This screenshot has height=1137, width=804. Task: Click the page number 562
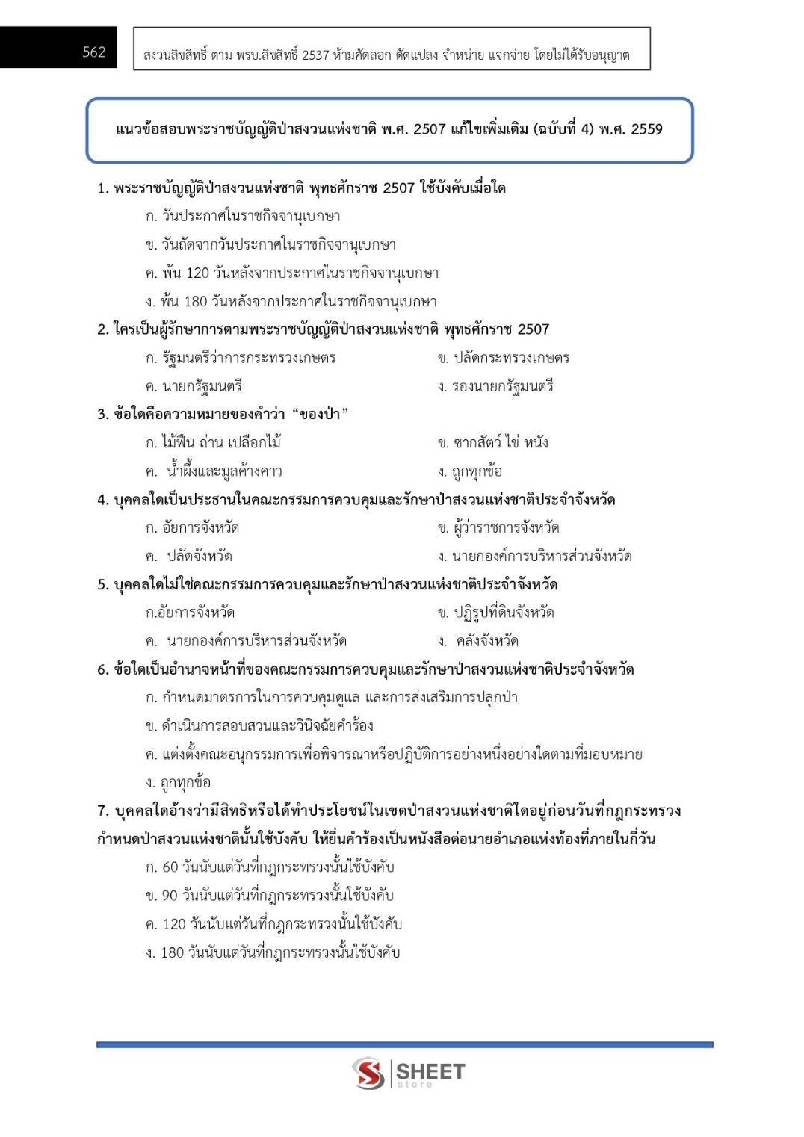[93, 52]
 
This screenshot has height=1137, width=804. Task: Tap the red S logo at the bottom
[368, 1073]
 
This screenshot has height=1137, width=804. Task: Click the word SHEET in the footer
[430, 1071]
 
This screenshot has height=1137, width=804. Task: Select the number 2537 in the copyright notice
[315, 55]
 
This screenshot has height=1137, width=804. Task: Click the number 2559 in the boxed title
[646, 129]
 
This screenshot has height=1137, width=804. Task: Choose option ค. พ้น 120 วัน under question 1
[291, 273]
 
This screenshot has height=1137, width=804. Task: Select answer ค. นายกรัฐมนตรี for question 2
[194, 387]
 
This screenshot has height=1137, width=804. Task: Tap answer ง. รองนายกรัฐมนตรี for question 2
[495, 387]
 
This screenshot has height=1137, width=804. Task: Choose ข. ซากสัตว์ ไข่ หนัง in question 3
[492, 443]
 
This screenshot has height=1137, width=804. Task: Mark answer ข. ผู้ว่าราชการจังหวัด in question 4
[498, 528]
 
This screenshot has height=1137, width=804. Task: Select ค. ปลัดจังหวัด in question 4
[189, 557]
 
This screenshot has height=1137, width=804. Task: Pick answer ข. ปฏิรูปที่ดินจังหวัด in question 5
[495, 613]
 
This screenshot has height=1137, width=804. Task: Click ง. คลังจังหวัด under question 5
[478, 642]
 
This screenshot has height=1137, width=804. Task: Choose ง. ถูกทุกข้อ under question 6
[178, 783]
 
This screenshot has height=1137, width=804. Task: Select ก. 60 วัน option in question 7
[270, 867]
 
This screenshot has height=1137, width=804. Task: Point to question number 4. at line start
[103, 500]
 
